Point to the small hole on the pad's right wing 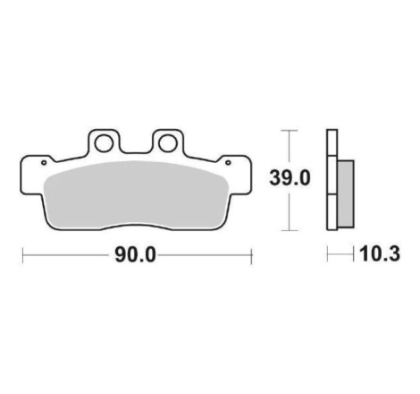pos(229,163)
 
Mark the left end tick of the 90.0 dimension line pos(22,255)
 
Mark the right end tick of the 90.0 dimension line pos(251,255)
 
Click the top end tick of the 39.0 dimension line pos(287,130)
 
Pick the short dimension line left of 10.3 pos(337,255)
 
